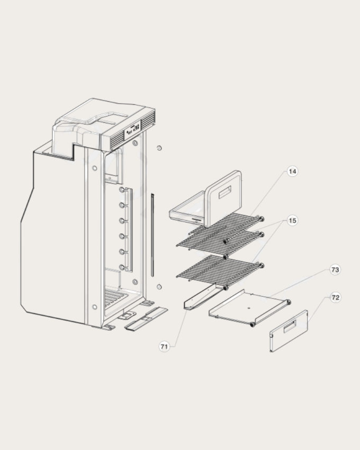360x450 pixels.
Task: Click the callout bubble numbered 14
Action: (x=293, y=172)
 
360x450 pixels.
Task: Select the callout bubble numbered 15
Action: (x=293, y=220)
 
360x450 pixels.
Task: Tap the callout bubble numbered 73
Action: (x=335, y=269)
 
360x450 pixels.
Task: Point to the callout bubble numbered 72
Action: (x=335, y=298)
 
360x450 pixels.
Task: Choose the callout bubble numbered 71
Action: (x=165, y=346)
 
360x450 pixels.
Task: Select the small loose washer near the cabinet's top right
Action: (x=159, y=148)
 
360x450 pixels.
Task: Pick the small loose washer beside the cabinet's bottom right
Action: (x=159, y=287)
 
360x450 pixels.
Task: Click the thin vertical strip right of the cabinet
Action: (x=152, y=234)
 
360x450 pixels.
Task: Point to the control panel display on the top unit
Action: (x=133, y=129)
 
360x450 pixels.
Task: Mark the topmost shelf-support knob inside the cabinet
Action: (x=122, y=190)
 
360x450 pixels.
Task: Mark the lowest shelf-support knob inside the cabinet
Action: (x=122, y=267)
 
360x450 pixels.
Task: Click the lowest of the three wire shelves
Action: (x=217, y=269)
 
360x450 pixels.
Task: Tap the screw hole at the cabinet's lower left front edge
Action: (x=95, y=307)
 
